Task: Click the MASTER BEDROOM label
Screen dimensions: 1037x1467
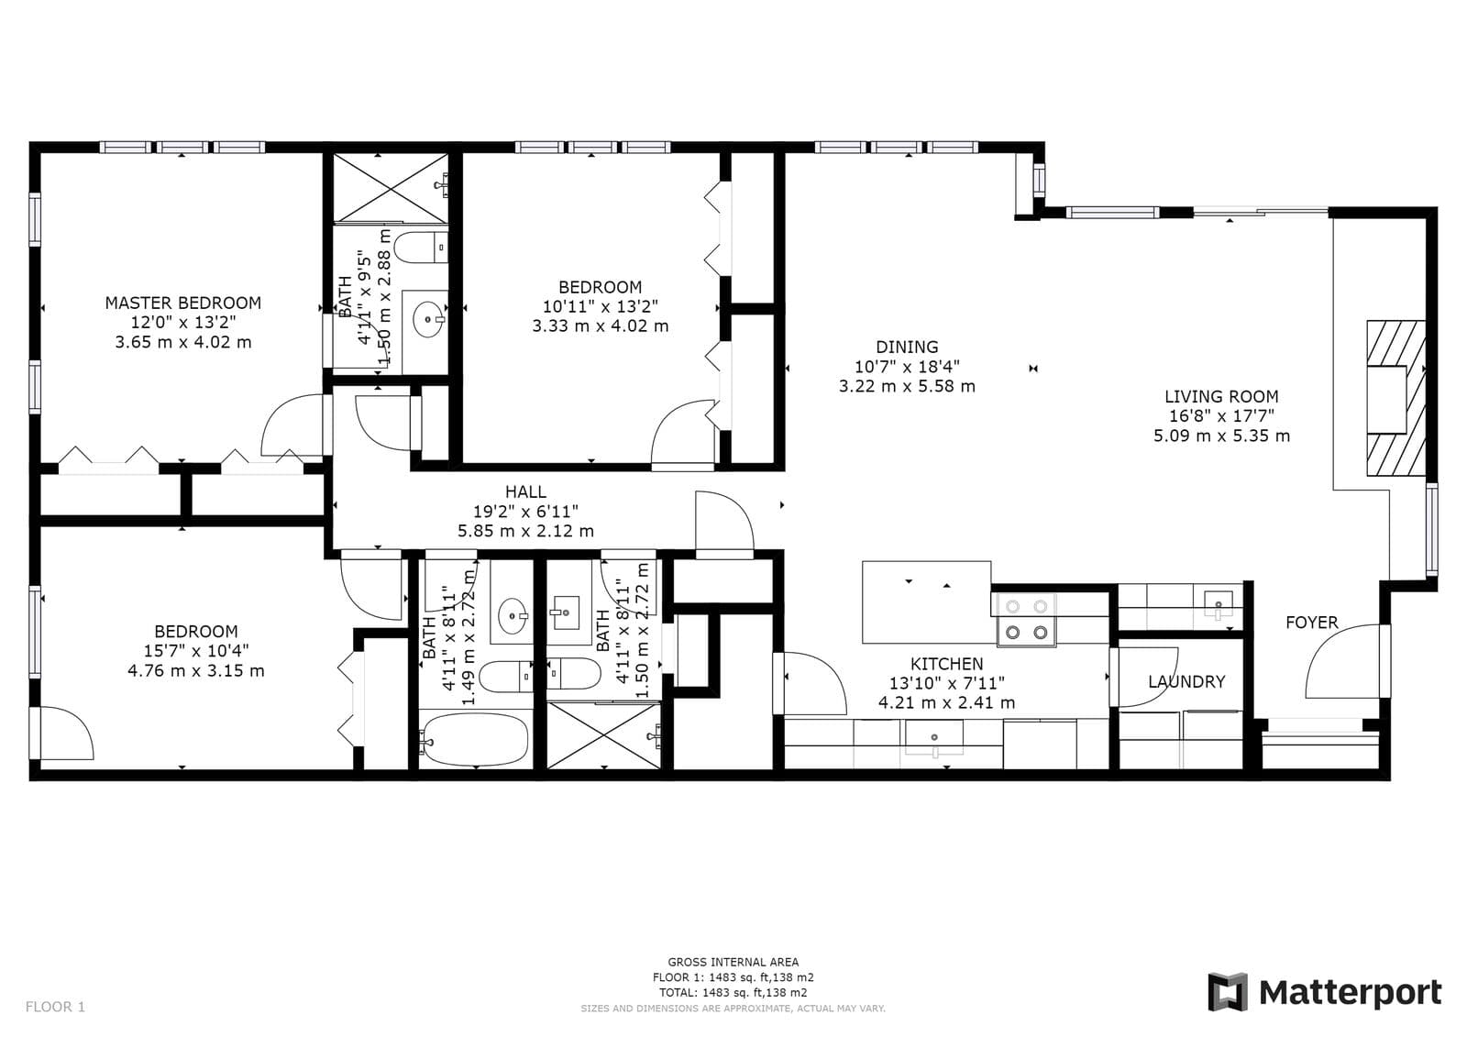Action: click(182, 303)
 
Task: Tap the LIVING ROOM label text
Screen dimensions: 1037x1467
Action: click(1221, 396)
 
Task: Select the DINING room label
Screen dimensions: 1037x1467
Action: click(907, 347)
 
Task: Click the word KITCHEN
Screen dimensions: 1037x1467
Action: click(946, 664)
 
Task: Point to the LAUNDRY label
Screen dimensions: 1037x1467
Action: click(1186, 681)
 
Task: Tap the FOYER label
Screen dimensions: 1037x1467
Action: click(1311, 623)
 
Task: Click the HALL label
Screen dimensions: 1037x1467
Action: click(525, 492)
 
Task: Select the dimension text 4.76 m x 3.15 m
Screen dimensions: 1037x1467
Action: click(196, 670)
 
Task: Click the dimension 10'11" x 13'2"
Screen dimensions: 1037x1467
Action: click(600, 306)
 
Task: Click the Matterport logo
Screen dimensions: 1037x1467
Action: click(1324, 992)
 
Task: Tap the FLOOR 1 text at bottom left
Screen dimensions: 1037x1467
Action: click(55, 1007)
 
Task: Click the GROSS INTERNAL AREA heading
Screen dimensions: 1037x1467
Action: click(733, 962)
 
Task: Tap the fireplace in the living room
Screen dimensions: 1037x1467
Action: click(1394, 398)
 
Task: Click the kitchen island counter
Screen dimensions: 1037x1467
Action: click(926, 602)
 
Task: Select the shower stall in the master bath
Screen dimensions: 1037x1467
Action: click(390, 188)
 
